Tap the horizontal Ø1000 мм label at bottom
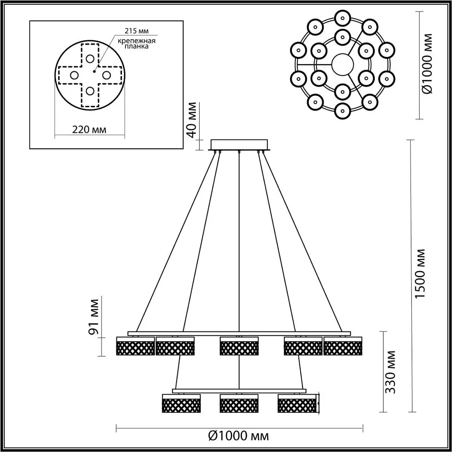(x=238, y=437)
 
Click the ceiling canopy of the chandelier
(x=239, y=145)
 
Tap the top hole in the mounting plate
(x=90, y=58)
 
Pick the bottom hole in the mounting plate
(x=90, y=91)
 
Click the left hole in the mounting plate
(x=74, y=75)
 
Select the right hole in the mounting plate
(x=106, y=75)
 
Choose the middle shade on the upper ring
(x=239, y=347)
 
